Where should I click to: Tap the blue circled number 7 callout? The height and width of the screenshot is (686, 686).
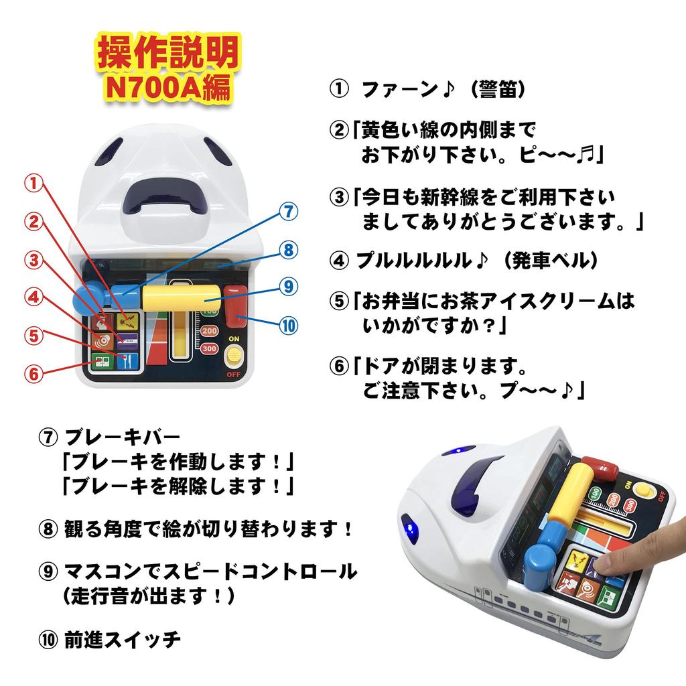tap(287, 211)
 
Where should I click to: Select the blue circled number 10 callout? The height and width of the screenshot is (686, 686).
tap(287, 326)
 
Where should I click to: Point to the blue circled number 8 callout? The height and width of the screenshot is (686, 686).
tap(287, 251)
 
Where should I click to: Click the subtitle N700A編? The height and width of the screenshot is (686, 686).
tap(168, 88)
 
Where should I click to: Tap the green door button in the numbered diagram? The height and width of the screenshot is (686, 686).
tap(102, 362)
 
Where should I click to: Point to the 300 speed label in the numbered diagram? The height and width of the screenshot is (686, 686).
tap(209, 348)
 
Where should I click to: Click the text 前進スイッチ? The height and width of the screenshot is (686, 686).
tap(123, 639)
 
